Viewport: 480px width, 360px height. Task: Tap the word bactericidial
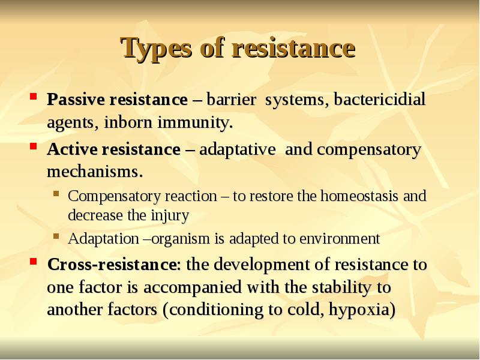tap(379, 100)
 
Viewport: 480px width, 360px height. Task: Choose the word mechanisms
tap(95, 173)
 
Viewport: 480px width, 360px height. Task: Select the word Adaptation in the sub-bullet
tap(103, 239)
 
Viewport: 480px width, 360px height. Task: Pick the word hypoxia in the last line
tap(365, 311)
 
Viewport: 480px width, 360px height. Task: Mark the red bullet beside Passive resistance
tap(35, 96)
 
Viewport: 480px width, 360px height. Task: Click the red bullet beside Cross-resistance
tap(35, 262)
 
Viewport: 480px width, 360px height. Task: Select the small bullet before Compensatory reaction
tap(56, 193)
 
